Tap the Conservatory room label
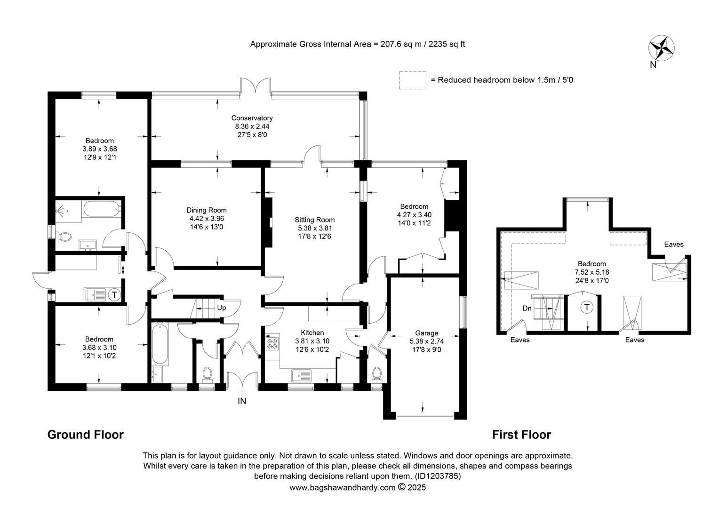[252, 118]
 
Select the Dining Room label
[207, 210]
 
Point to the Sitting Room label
[314, 220]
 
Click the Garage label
[427, 333]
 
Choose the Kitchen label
[312, 333]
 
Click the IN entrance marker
[242, 401]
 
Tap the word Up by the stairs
[222, 308]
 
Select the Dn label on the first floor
[527, 309]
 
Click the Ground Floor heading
[85, 435]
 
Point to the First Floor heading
[521, 435]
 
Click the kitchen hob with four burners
[272, 344]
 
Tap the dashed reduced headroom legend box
[413, 80]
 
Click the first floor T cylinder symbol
[587, 308]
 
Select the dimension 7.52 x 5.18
[592, 272]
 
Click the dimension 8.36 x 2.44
[252, 127]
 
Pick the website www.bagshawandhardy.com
[343, 487]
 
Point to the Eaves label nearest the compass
[674, 244]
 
